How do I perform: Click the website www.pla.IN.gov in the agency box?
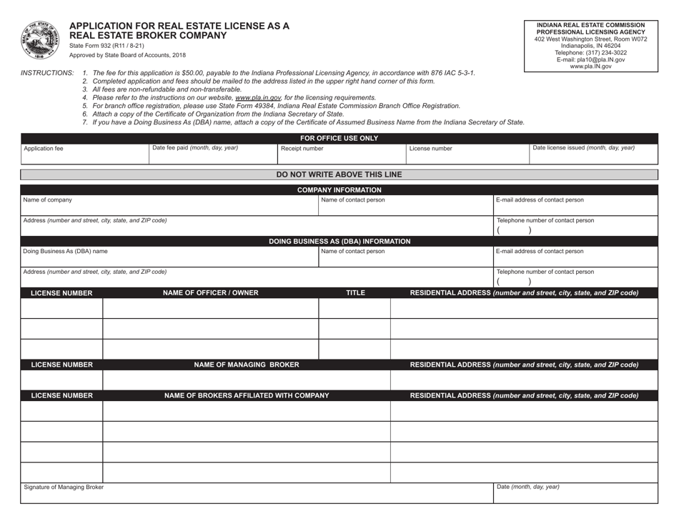(x=590, y=66)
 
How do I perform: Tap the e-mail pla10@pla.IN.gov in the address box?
(x=590, y=59)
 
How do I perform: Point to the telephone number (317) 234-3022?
(x=590, y=52)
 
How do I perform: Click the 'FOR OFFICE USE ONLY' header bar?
(x=339, y=138)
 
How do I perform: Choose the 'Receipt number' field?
(x=339, y=154)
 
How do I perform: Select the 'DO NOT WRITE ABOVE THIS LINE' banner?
(x=339, y=174)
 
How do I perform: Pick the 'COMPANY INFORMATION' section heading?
(x=339, y=189)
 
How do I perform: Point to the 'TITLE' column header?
(x=355, y=292)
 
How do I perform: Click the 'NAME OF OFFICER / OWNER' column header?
(x=211, y=292)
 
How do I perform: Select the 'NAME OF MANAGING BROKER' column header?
(x=247, y=365)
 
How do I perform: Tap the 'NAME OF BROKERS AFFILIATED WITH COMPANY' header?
(x=247, y=395)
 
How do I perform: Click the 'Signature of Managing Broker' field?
(x=257, y=493)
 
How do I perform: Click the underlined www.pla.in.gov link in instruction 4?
(x=259, y=97)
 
